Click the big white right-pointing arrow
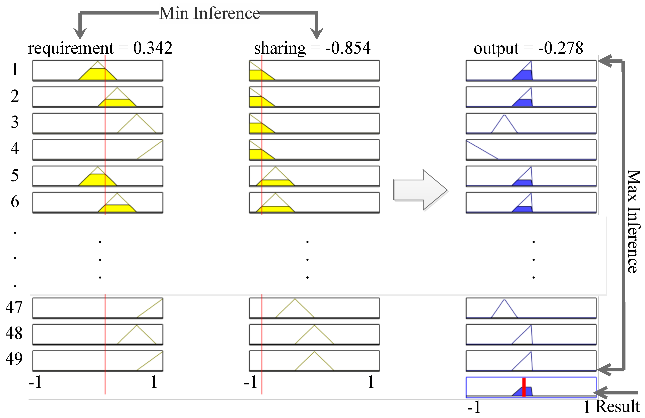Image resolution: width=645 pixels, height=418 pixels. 420,190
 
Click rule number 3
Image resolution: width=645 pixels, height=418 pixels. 15,122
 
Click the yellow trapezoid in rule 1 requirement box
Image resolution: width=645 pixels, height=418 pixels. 97,74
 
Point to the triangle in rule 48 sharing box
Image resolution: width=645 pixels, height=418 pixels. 314,336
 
